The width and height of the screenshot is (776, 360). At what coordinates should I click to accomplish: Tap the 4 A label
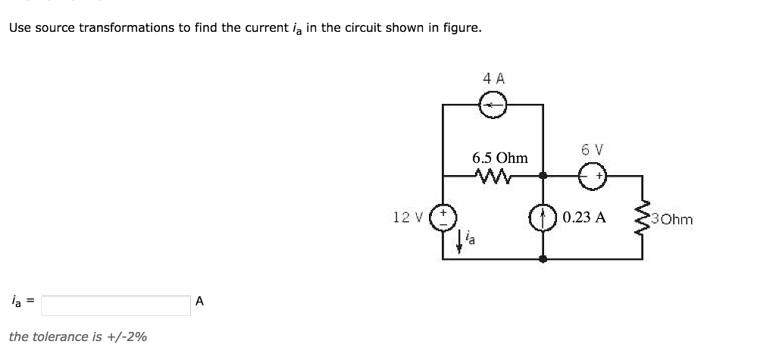coord(493,78)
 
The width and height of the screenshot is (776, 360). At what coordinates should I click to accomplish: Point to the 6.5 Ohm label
coord(499,158)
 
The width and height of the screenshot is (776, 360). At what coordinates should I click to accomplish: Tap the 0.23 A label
coord(584,218)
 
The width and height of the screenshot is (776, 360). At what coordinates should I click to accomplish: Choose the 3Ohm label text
coord(671,220)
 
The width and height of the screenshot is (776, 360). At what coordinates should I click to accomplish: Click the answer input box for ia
coord(116,305)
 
